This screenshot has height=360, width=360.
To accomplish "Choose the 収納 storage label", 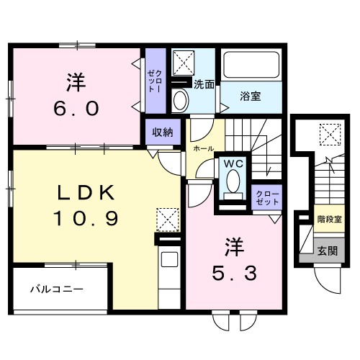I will (x=162, y=132).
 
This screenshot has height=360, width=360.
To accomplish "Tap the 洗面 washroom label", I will (x=204, y=84).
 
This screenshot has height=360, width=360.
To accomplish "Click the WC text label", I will (x=233, y=164).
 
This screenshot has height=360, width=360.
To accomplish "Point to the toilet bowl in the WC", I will (x=233, y=186).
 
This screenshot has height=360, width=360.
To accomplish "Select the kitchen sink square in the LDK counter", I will (x=168, y=260).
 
